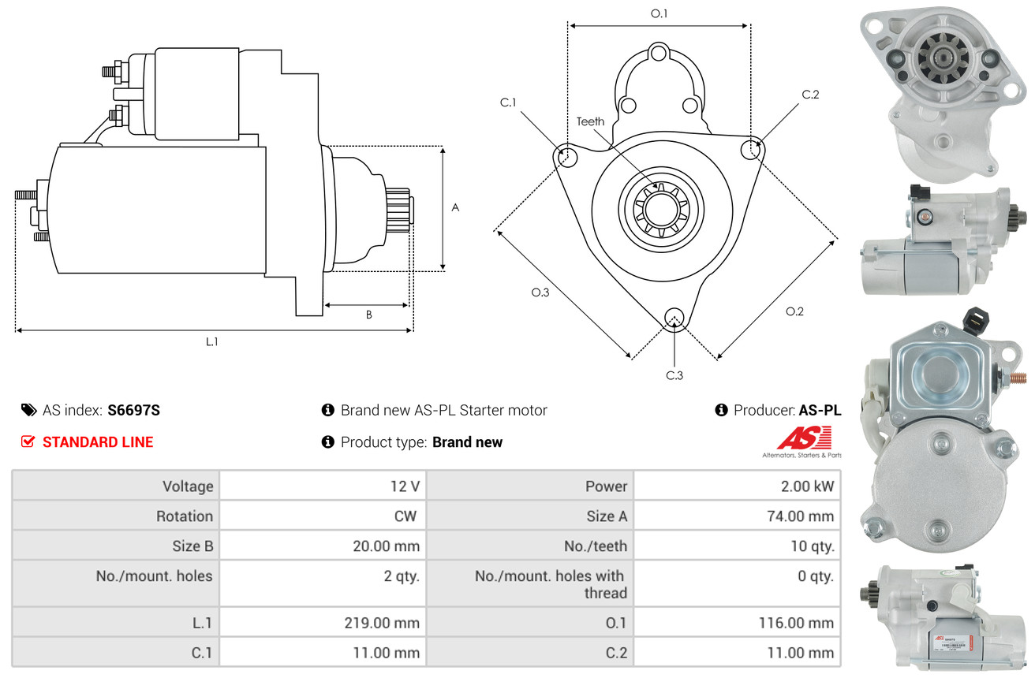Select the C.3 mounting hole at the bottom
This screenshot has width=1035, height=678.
(x=674, y=318)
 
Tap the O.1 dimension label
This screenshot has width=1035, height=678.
(x=659, y=13)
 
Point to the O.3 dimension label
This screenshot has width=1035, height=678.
(x=540, y=292)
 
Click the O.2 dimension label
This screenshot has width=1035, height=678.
(x=794, y=311)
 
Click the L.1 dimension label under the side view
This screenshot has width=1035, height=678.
(x=212, y=341)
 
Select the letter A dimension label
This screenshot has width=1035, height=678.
(x=455, y=207)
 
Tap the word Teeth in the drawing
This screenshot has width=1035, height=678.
(x=590, y=121)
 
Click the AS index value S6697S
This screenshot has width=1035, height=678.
(x=134, y=410)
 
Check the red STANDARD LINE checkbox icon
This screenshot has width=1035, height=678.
(x=28, y=441)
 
